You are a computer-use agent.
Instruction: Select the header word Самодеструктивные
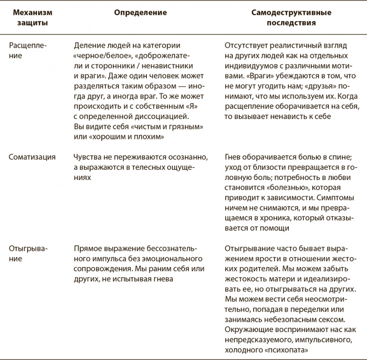coord(281,12)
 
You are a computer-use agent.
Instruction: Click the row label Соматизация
coord(32,157)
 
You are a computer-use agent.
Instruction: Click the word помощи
coord(276,228)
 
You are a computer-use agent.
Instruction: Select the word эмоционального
coord(176,259)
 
